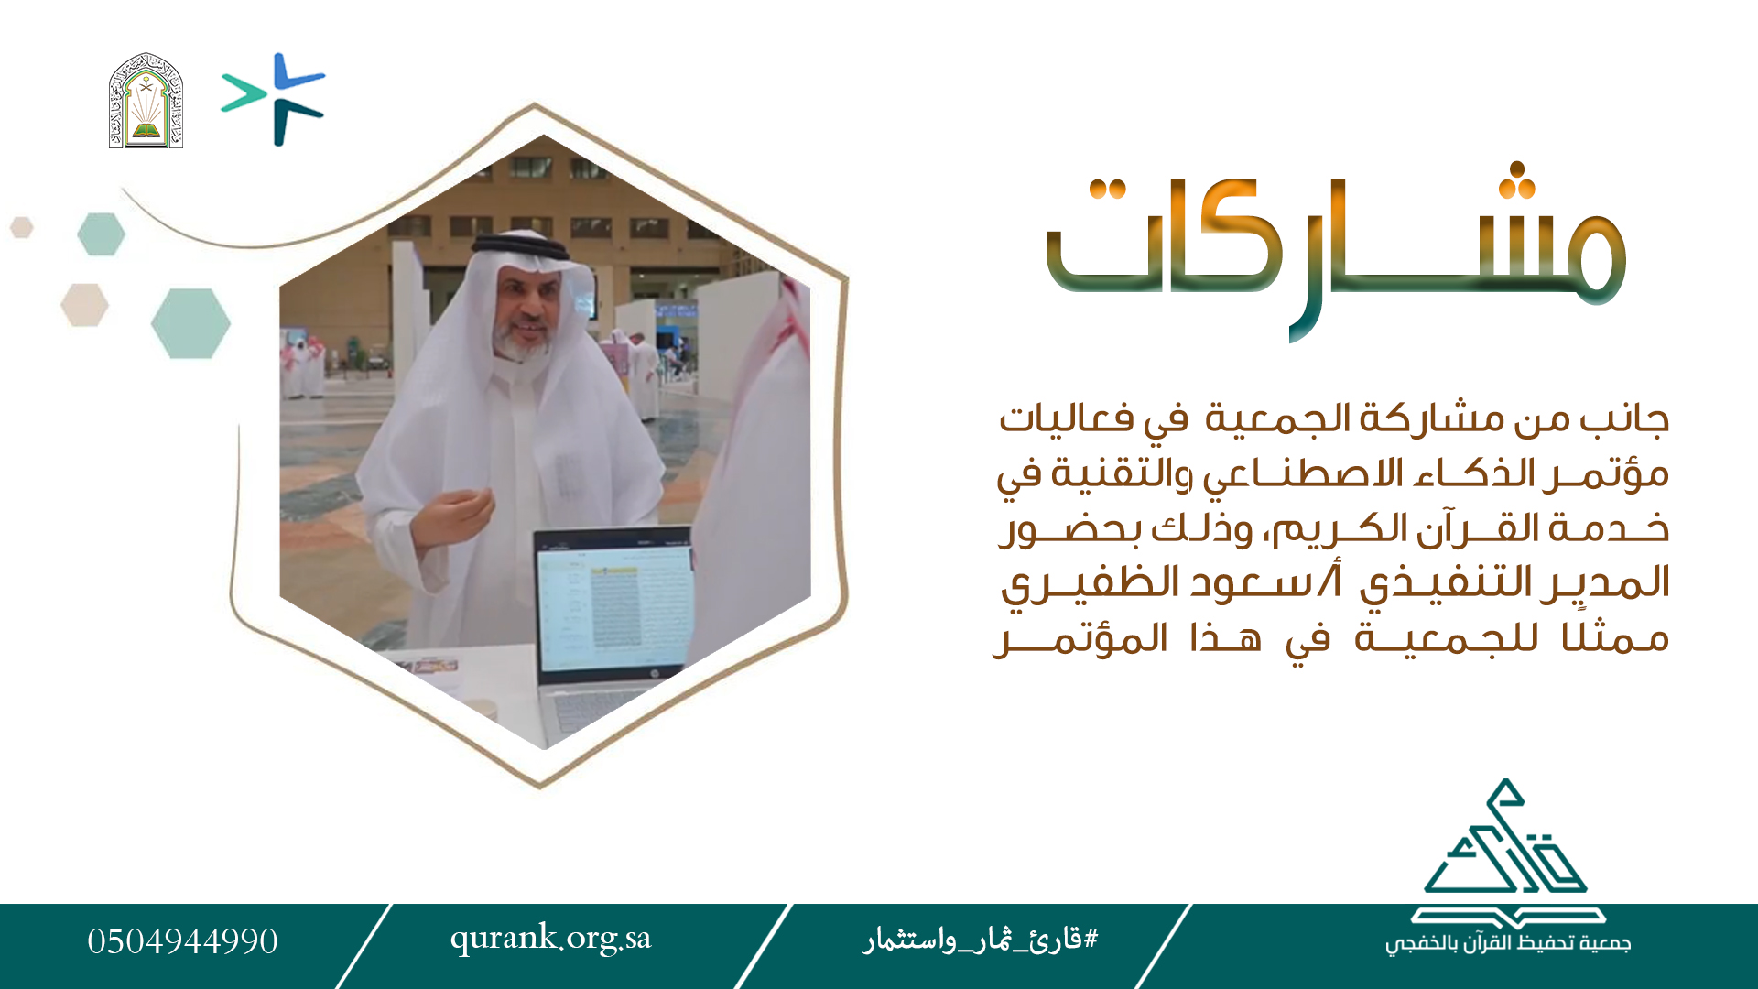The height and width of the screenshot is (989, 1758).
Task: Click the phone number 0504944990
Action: (182, 941)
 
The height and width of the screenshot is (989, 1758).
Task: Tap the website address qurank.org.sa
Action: (550, 939)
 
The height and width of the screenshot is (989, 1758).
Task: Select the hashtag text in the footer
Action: (980, 940)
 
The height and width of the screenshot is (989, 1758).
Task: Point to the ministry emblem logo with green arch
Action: (146, 101)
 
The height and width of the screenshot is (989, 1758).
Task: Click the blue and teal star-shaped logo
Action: (273, 99)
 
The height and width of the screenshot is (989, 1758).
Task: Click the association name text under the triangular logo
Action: (1508, 943)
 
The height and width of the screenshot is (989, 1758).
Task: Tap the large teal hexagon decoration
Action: (190, 323)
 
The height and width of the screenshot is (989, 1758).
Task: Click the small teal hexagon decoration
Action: (101, 234)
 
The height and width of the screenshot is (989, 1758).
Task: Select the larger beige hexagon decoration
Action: (84, 304)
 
